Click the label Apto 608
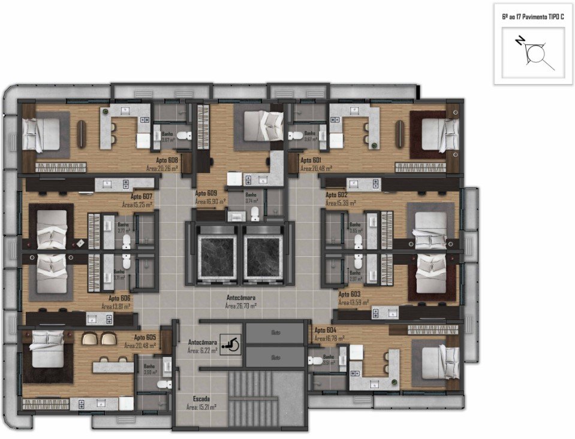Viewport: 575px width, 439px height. coord(167,160)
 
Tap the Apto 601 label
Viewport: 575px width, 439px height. coord(311,160)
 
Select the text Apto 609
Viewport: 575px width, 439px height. coord(206,193)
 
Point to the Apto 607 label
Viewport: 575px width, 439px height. coord(142,196)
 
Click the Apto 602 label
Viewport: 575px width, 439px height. coord(336,195)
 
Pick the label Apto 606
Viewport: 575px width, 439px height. coord(119,298)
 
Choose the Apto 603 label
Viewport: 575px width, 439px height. coord(349,294)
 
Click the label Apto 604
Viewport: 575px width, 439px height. coord(325,331)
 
